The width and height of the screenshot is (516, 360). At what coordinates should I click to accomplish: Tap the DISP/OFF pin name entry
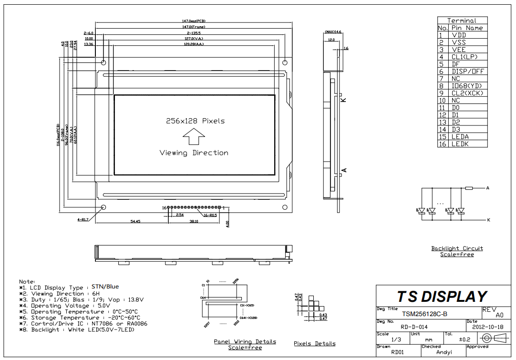467,71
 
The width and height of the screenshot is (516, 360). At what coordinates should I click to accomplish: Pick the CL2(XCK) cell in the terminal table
467,93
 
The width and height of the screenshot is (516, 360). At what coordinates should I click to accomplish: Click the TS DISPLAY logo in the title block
443,297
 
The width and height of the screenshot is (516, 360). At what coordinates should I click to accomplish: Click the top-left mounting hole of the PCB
103,62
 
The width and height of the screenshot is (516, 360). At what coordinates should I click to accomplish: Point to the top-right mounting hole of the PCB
285,62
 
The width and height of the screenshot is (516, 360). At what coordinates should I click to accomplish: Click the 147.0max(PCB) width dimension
194,21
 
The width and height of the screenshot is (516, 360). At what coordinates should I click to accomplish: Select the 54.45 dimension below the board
135,221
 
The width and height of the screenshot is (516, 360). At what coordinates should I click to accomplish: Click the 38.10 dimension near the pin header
194,221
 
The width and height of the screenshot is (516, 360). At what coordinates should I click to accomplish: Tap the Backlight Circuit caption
457,248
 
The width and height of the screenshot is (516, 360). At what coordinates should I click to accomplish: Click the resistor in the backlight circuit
468,188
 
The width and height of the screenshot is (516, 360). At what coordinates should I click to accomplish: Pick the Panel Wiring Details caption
245,341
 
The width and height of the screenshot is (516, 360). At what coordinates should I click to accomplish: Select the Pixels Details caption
314,343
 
